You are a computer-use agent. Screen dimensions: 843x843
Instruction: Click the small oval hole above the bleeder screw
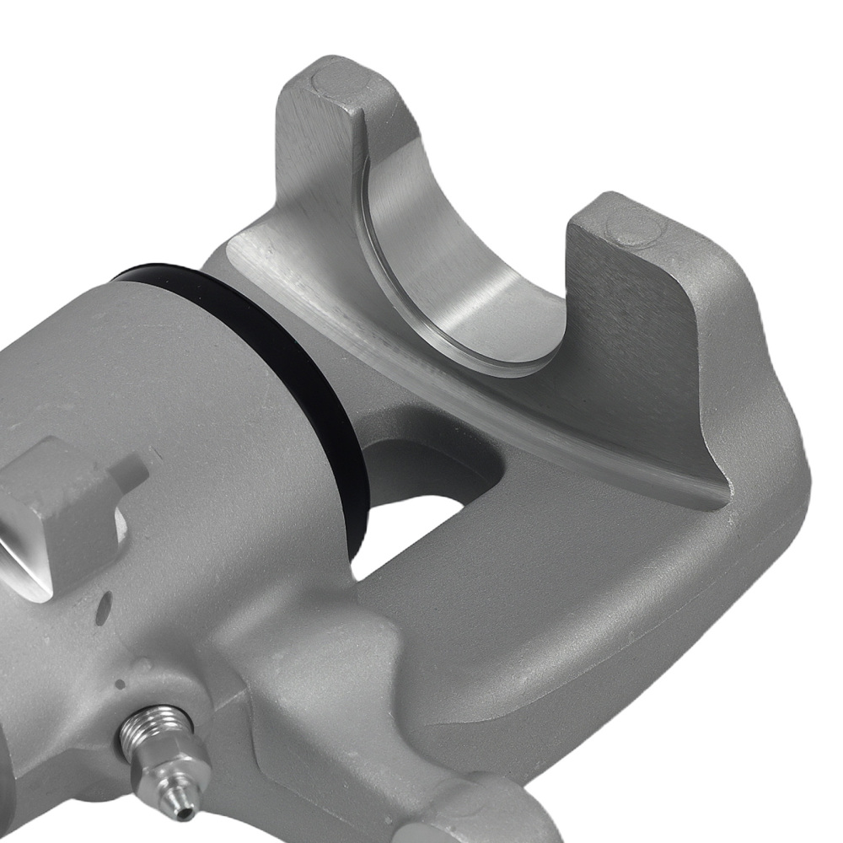(105, 605)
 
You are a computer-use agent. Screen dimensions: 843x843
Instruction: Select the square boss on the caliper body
(59, 514)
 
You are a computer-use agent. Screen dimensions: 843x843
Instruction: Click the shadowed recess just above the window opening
(421, 455)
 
